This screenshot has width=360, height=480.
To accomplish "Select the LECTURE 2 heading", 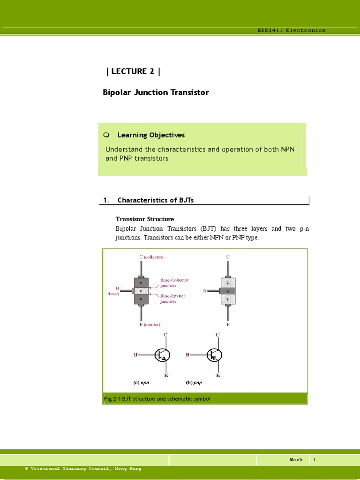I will pos(134,71).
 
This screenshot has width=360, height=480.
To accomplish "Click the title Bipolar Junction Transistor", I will pos(156,92).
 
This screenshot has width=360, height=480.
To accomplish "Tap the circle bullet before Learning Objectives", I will pos(106,135).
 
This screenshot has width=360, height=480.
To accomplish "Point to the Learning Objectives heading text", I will pos(151,135).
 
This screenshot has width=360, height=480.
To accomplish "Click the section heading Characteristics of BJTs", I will pos(155,200).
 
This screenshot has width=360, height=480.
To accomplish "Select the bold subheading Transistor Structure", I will pos(145,219).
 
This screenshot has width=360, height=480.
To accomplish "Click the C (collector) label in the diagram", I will pos(151,257).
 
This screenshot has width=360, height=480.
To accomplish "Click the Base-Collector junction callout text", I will pos(174,283).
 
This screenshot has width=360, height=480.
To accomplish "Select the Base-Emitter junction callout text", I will pos(174,299).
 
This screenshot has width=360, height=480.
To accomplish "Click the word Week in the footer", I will pos(296,460).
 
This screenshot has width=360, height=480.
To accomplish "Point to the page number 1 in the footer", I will pos(315,460).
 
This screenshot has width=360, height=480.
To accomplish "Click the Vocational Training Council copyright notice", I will pos(83,468).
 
